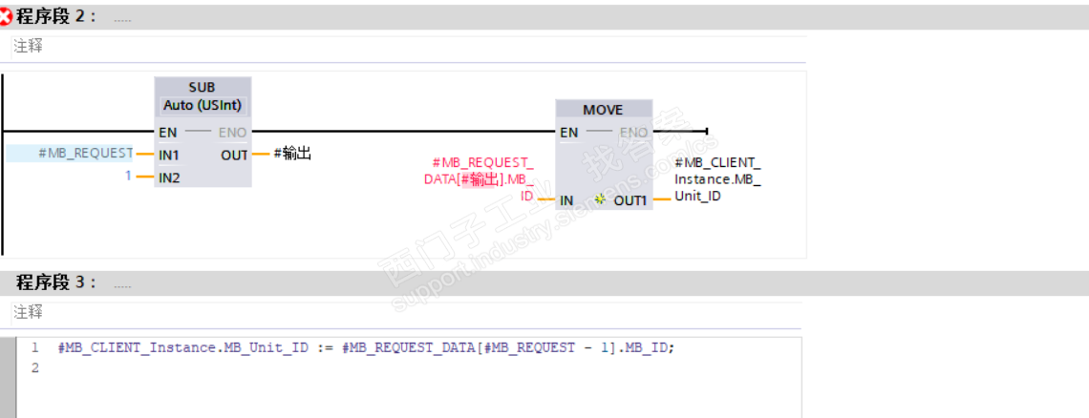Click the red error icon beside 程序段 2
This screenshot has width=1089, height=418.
pyautogui.click(x=8, y=17)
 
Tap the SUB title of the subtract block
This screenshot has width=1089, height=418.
pyautogui.click(x=203, y=88)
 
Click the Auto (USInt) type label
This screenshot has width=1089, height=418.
pyautogui.click(x=203, y=105)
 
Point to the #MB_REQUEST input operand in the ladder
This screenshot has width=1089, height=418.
pyautogui.click(x=85, y=153)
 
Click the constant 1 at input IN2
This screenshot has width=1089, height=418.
pyautogui.click(x=128, y=177)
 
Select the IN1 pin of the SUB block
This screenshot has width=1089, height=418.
pyautogui.click(x=169, y=154)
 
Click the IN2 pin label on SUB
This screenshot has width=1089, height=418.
pyautogui.click(x=169, y=178)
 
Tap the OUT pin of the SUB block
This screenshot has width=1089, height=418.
pyautogui.click(x=234, y=155)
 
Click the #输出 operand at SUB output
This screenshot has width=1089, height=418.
pyautogui.click(x=293, y=153)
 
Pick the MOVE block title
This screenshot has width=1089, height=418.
pyautogui.click(x=603, y=110)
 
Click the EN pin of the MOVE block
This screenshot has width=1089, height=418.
pyautogui.click(x=568, y=133)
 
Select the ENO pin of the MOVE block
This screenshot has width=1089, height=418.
pyautogui.click(x=633, y=133)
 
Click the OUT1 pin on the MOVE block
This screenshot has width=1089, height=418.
pyautogui.click(x=630, y=200)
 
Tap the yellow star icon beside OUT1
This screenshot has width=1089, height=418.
pyautogui.click(x=600, y=199)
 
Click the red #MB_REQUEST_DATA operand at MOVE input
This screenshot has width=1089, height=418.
pyautogui.click(x=480, y=178)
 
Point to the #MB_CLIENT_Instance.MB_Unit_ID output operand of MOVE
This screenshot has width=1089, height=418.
pyautogui.click(x=716, y=178)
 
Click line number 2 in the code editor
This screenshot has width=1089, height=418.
pyautogui.click(x=35, y=367)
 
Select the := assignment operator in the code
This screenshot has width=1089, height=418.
pyautogui.click(x=324, y=348)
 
